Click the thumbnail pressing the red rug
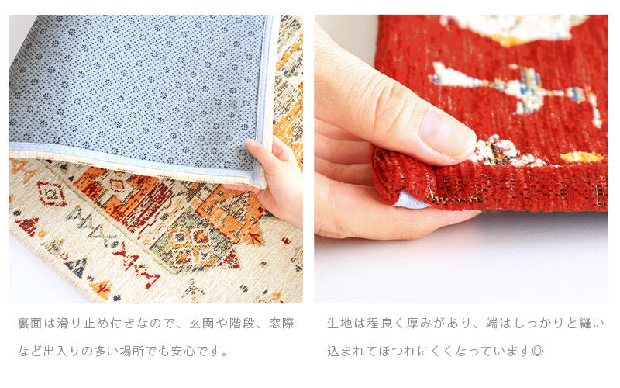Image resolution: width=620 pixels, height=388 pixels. pos(448,133)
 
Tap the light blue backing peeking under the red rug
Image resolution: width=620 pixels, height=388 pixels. pos(411,200)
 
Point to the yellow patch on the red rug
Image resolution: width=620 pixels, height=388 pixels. pos(581,158)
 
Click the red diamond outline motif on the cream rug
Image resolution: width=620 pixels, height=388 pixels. pos(51,193)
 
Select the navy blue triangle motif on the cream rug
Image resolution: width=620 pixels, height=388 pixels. pos(77,267)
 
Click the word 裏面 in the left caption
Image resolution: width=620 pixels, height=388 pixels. pos(30,324)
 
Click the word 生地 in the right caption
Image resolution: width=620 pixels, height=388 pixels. pos(339,324)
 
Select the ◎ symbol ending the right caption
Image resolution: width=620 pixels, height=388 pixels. pos(538,351)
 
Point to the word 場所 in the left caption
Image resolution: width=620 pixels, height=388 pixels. pos(133,351)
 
